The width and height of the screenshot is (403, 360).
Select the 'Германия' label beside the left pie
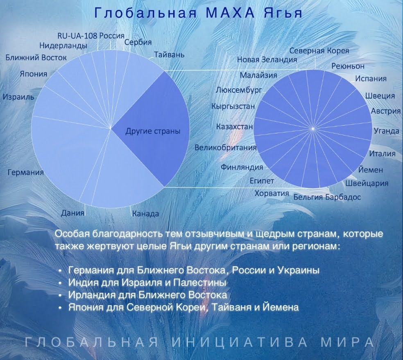pos(26,172)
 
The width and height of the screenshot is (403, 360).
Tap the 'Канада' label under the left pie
pos(145,214)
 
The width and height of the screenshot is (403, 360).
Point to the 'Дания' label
pos(72,213)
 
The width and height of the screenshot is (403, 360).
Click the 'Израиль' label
pos(18,97)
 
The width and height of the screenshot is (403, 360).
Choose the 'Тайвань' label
pos(169,55)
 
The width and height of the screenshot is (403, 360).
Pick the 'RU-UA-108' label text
pos(77,36)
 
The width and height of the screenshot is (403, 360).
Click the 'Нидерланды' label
pos(63,46)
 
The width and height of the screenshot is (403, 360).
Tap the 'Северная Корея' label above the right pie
pos(319,51)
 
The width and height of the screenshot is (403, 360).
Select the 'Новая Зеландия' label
pos(267,60)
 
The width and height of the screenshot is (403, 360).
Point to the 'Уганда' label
pos(386,131)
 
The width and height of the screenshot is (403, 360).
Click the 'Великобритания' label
pos(226,148)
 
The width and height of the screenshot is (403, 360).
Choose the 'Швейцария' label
pos(367,183)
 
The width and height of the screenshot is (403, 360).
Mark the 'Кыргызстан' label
pos(233,106)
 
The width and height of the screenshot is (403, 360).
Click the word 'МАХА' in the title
pos(230,13)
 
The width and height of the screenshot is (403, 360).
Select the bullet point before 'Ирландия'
pos(60,296)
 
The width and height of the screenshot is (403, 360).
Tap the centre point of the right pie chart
pos(313,128)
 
